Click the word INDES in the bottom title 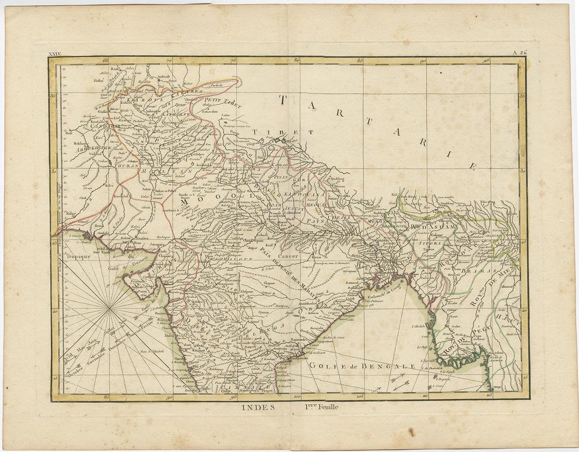[x=255, y=406]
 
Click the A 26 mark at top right [x=520, y=53]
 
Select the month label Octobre [x=65, y=370]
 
